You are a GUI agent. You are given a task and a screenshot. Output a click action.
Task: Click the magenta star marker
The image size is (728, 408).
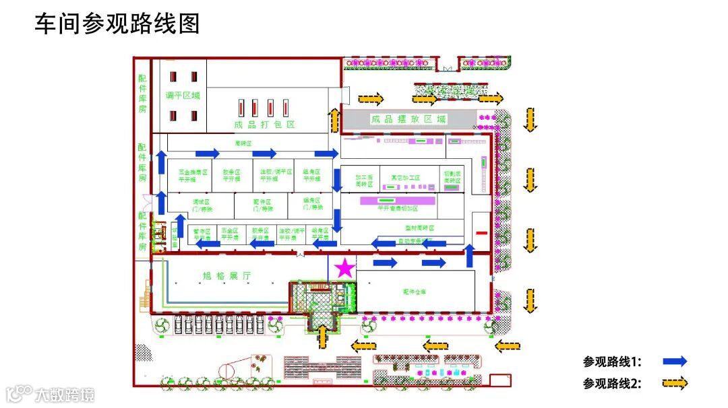[x=344, y=268]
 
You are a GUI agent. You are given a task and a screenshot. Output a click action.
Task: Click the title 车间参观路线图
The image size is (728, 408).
[x=117, y=24]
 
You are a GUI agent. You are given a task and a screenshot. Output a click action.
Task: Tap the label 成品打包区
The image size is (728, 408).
[x=265, y=125]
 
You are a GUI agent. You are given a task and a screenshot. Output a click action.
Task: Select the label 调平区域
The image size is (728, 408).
[x=183, y=96]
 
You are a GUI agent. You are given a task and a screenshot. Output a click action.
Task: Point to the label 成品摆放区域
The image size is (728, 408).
[x=408, y=119]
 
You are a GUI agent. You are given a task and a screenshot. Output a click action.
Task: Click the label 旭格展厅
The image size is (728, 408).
[x=226, y=276]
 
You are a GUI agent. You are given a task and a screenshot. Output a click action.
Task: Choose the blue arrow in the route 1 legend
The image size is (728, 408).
[x=674, y=362]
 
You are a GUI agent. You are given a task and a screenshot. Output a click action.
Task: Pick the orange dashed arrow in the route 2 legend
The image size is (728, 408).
[x=674, y=383]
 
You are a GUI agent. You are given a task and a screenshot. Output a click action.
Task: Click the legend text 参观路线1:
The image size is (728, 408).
[x=612, y=362]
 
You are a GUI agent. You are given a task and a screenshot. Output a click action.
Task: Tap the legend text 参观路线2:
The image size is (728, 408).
[x=612, y=383]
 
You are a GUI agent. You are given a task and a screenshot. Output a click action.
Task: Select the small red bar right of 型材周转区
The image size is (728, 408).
[x=481, y=233]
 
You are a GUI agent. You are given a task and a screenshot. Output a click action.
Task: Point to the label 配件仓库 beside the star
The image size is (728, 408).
[x=415, y=292]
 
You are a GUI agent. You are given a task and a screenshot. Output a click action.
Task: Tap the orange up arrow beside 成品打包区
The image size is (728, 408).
[x=334, y=120]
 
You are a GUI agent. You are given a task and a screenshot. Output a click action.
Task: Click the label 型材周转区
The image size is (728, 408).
[x=419, y=228]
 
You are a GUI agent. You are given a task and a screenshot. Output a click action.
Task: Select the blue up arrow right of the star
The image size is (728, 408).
[x=470, y=256]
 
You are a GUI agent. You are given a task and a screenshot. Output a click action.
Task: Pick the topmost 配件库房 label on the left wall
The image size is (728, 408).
[x=142, y=94]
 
